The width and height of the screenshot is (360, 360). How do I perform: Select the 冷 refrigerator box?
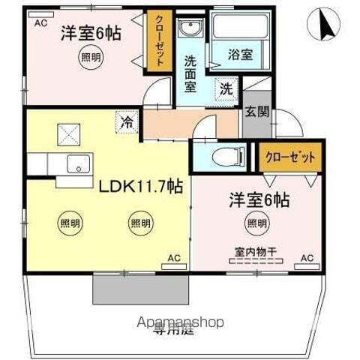[x=125, y=120]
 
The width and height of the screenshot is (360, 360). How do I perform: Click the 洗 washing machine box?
[x=226, y=88]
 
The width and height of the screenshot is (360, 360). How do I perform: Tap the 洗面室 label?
[x=190, y=73]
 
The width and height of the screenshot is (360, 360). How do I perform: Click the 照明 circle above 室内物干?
[x=256, y=223]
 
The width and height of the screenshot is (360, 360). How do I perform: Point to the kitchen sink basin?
[x=76, y=164]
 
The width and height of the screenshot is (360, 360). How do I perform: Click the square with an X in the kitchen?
[x=68, y=136]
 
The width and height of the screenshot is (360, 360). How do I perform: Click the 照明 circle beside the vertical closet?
[x=90, y=56]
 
